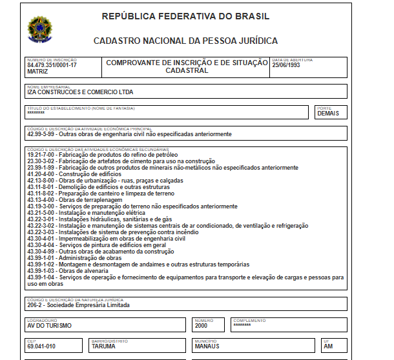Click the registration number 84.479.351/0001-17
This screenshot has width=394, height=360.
coord(52,65)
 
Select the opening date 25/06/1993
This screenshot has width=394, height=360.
coord(286,65)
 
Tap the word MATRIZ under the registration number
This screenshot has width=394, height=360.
coord(37,72)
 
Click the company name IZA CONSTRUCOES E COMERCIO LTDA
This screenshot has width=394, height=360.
coord(81,92)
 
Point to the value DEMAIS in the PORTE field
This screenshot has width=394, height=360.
coord(327,114)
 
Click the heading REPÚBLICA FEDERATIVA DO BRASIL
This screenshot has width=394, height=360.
coord(185,16)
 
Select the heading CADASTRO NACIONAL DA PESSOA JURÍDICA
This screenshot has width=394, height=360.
coord(185,41)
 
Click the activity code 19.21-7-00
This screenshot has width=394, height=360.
coord(41,155)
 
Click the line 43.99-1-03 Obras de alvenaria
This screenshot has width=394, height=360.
coord(72,271)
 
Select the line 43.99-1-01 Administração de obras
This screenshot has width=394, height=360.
coord(75,258)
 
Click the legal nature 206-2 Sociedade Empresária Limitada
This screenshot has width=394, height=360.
coord(78,305)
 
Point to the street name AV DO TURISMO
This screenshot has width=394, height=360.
coord(51,326)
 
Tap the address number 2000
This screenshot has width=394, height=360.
coord(202,325)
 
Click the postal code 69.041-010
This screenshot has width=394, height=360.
coord(41,346)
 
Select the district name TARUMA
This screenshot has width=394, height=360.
coord(105,346)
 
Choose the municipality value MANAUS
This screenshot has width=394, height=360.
coord(207,346)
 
